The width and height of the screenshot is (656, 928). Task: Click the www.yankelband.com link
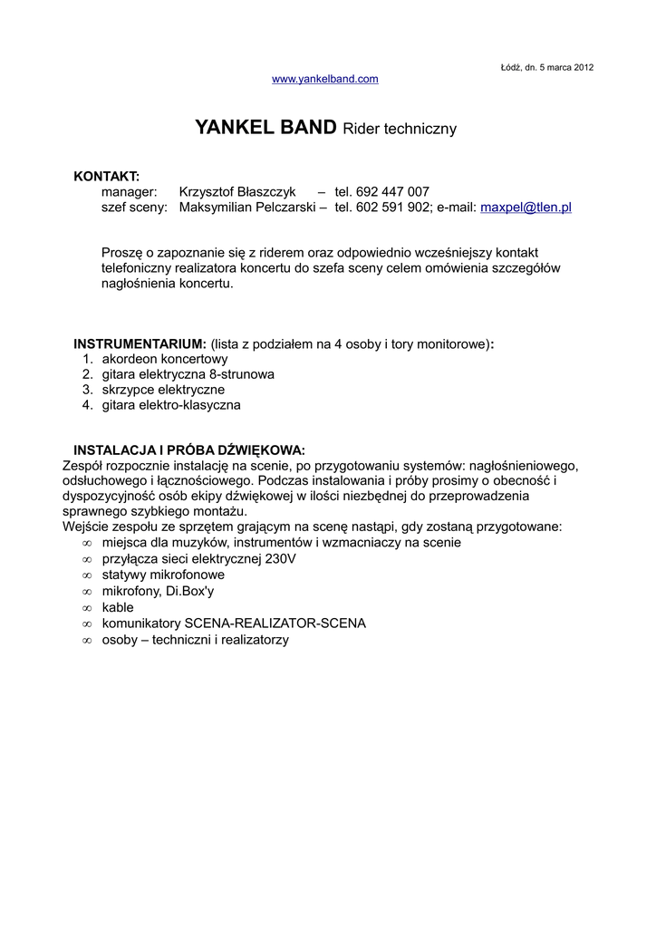click(x=325, y=80)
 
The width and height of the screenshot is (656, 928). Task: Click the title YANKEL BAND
click(x=265, y=128)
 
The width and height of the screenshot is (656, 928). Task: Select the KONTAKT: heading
click(x=106, y=175)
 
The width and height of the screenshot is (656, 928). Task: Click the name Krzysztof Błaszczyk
click(x=237, y=191)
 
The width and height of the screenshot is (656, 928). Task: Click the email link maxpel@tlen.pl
click(x=526, y=208)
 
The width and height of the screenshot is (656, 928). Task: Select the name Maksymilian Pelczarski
click(x=247, y=208)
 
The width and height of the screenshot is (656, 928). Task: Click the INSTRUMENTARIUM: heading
click(x=140, y=344)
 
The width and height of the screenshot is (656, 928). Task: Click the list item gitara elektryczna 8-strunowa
click(x=188, y=374)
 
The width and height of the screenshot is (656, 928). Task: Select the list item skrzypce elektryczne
click(x=163, y=390)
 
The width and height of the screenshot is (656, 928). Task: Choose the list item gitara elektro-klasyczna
click(x=171, y=405)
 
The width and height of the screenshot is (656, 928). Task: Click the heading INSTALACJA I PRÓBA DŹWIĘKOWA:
click(x=189, y=450)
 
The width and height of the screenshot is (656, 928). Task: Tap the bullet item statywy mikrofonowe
click(x=163, y=575)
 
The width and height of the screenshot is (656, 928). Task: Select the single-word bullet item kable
click(x=118, y=607)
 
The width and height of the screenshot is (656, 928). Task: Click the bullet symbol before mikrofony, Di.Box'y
click(x=87, y=592)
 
